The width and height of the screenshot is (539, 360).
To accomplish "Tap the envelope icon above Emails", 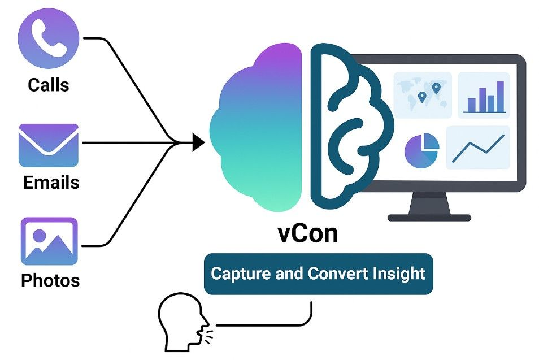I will click(x=48, y=145).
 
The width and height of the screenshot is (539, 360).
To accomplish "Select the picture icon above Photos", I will click(x=49, y=241).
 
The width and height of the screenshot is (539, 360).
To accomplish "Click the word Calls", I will click(x=49, y=85).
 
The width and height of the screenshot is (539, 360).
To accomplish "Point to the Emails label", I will click(x=51, y=183).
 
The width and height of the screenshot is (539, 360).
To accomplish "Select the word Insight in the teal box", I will click(x=399, y=274).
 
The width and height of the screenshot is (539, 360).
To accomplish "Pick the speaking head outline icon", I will click(x=179, y=322).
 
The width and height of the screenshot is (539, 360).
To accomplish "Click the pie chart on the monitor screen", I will click(x=421, y=150).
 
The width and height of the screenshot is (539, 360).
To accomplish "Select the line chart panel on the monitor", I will click(x=478, y=147).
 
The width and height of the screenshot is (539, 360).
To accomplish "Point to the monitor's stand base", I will click(x=429, y=217).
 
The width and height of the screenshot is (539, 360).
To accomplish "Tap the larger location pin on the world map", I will click(x=436, y=89).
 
